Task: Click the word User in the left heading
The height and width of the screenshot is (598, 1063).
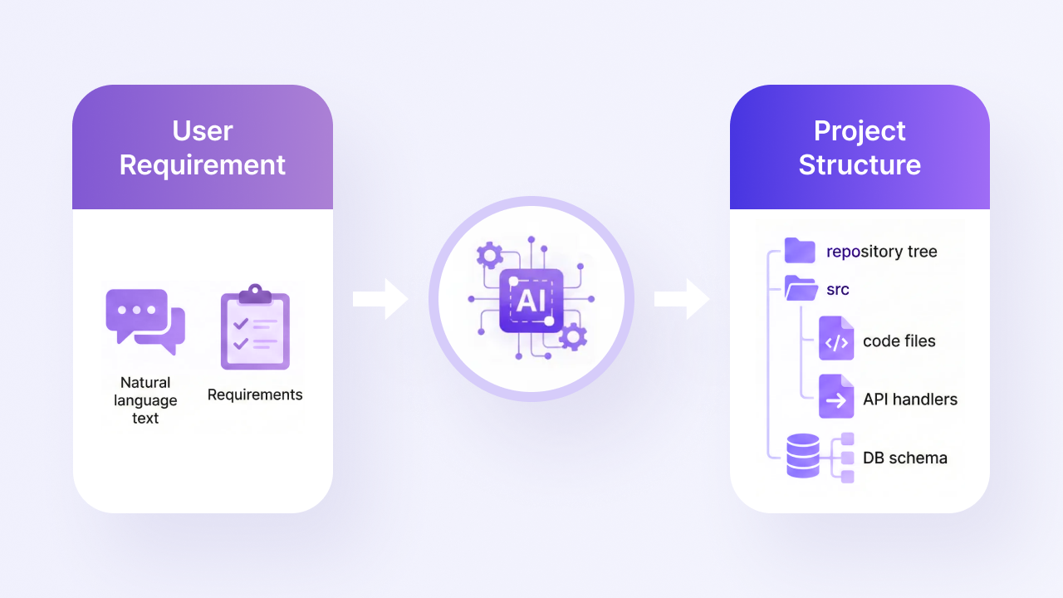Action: [x=203, y=131]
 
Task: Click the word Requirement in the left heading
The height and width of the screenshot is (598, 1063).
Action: [x=203, y=165]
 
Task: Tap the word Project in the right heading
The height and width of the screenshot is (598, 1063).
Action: [x=860, y=131]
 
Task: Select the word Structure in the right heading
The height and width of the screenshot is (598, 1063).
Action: [x=860, y=164]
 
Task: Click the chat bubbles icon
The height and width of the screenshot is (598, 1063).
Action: [x=145, y=321]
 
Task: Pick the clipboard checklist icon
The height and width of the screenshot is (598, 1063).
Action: [x=255, y=327]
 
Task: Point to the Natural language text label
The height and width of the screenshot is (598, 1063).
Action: [x=145, y=400]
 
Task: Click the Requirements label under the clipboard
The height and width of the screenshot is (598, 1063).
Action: [x=255, y=395]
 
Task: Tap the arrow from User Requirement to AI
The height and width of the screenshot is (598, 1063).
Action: [x=380, y=299]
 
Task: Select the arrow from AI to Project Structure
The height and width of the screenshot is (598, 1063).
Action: [x=683, y=299]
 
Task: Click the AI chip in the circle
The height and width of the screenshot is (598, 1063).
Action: [x=531, y=301]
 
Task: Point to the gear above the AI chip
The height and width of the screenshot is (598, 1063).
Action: [x=490, y=255]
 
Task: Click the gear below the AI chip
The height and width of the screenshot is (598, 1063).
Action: [x=573, y=336]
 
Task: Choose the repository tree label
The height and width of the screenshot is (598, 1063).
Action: [x=882, y=252]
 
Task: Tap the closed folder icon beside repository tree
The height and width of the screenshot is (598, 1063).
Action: [x=800, y=250]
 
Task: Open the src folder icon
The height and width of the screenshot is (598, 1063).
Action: [x=801, y=288]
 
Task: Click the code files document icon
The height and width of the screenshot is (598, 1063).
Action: [x=836, y=338]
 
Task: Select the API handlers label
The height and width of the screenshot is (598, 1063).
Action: [x=910, y=399]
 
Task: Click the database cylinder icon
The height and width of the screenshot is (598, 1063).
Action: [x=803, y=456]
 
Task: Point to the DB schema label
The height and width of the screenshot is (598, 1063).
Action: [x=905, y=458]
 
